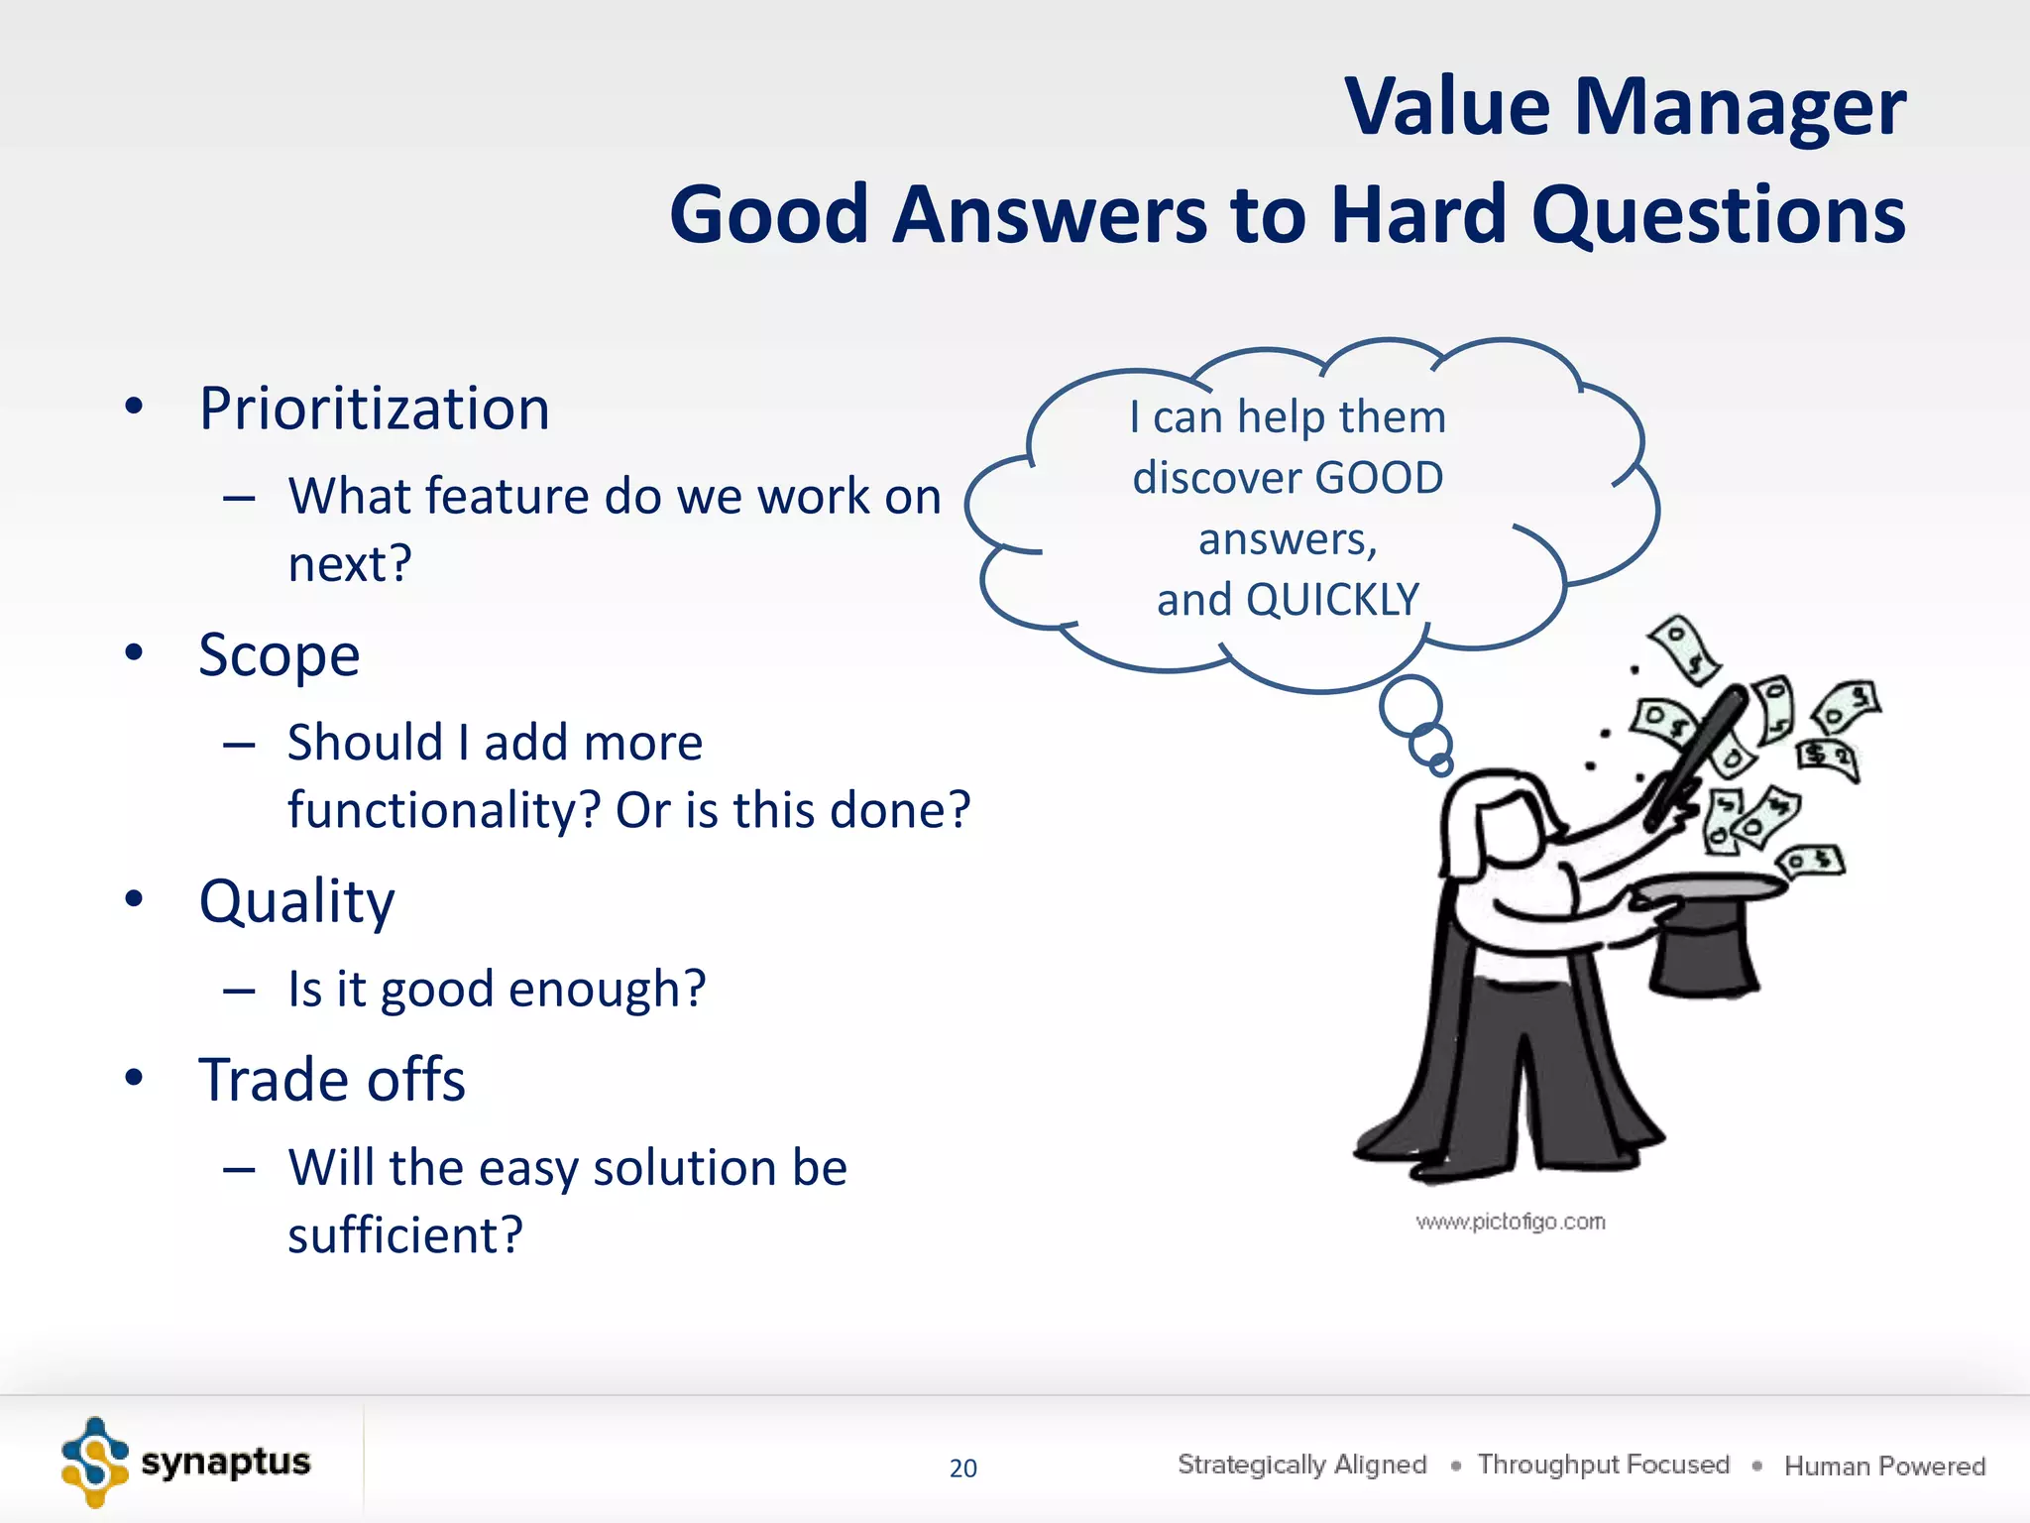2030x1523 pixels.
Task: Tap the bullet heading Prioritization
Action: (374, 409)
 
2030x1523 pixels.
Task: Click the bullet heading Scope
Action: (279, 655)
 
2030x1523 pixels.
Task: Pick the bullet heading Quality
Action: (296, 901)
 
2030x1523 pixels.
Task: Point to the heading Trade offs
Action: (331, 1080)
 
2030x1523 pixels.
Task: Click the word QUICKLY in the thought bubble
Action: (1332, 600)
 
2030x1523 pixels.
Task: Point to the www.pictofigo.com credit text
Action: (1510, 1222)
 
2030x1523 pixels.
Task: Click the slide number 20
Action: (962, 1468)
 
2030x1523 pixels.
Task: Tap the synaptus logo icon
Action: (94, 1462)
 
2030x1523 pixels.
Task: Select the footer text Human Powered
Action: (1884, 1465)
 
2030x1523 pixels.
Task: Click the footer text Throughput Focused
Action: (1603, 1464)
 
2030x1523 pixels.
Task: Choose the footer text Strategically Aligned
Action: (1301, 1464)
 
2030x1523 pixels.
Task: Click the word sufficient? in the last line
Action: (404, 1235)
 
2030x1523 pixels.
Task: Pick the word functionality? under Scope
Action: (444, 810)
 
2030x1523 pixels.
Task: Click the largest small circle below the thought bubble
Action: (1410, 705)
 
